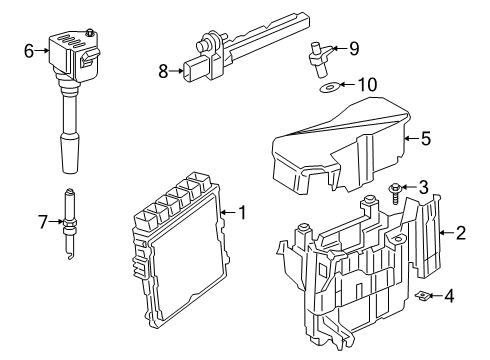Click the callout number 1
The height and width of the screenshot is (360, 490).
coord(240,212)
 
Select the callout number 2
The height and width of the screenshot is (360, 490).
coord(461,234)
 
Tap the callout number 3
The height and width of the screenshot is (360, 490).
coord(423,186)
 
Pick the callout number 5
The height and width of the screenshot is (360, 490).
coord(425,140)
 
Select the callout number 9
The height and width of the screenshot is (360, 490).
coord(353,46)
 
